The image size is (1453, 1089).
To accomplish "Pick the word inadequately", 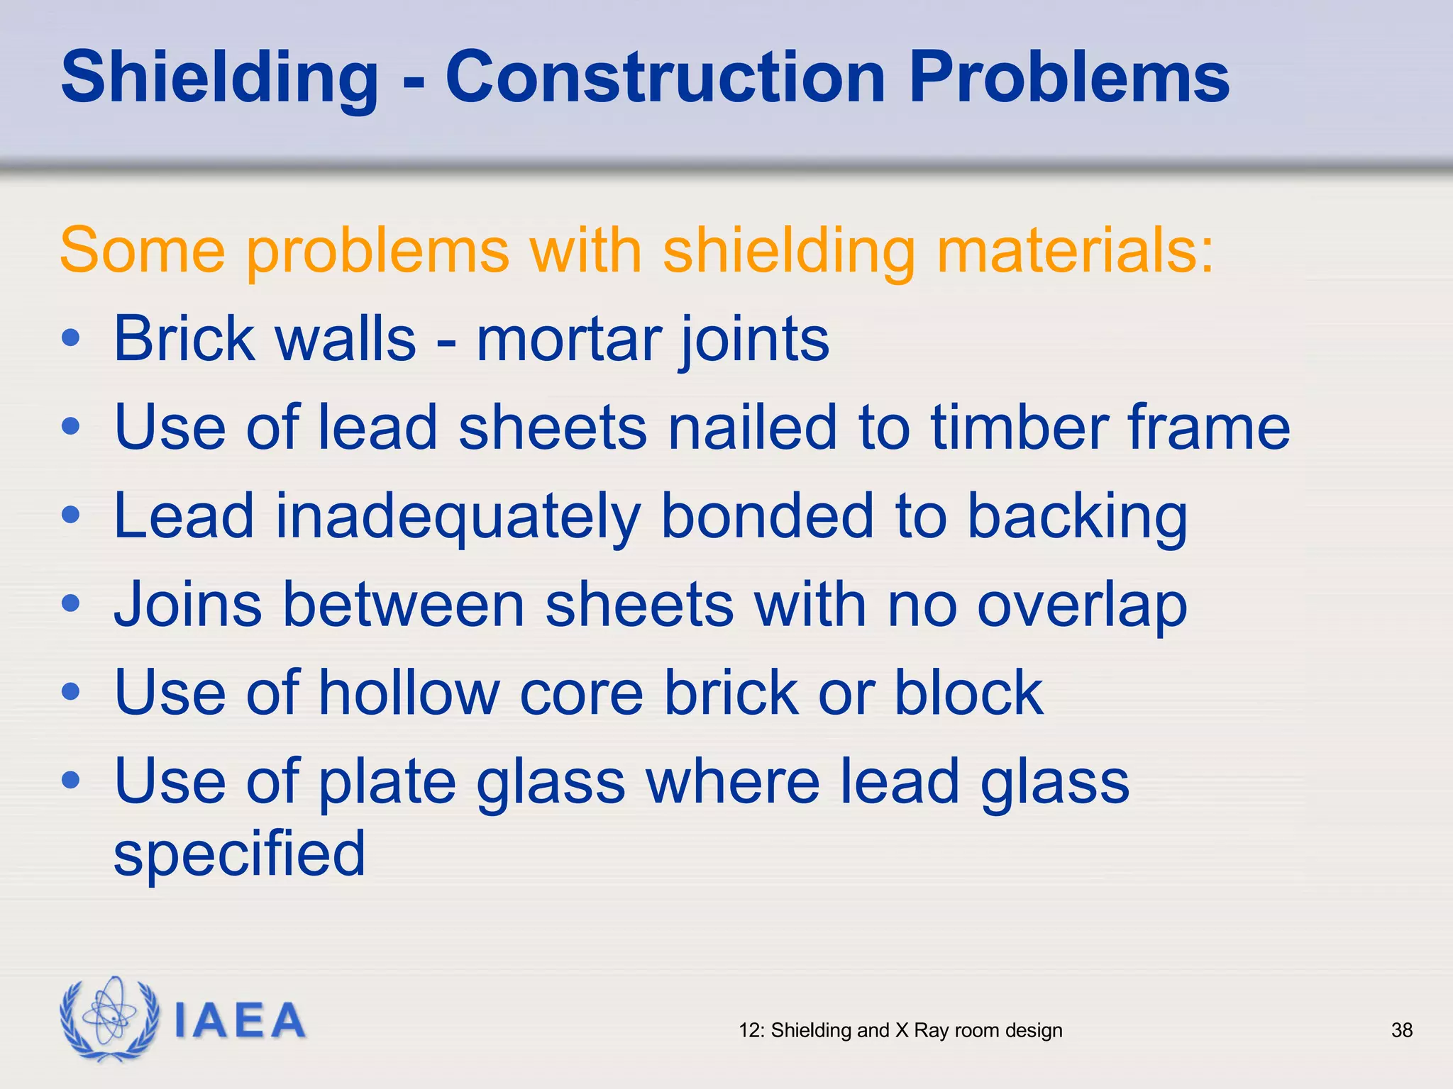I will [x=458, y=518].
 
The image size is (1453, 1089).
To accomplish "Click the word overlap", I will [x=1081, y=607].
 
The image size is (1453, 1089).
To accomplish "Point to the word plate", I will [x=387, y=783].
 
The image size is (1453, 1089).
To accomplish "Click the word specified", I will [x=239, y=854].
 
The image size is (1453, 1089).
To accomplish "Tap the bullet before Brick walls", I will [x=71, y=338].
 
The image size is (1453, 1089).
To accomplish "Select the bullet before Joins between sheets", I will [x=71, y=604].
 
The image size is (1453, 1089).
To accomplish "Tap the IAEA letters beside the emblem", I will [x=239, y=1021].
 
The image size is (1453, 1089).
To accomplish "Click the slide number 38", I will [x=1401, y=1030].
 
